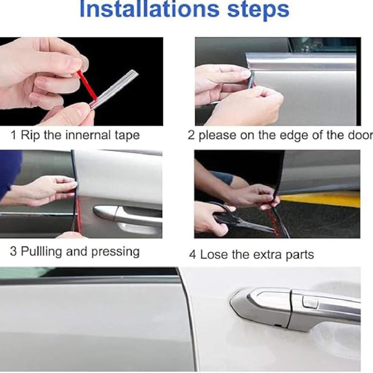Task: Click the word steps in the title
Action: [258, 11]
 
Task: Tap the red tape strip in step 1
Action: [87, 85]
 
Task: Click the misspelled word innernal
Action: [88, 135]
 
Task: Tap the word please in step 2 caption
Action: [218, 136]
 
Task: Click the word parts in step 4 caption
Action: [300, 255]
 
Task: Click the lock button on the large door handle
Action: [310, 302]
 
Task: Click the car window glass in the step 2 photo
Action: [323, 45]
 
